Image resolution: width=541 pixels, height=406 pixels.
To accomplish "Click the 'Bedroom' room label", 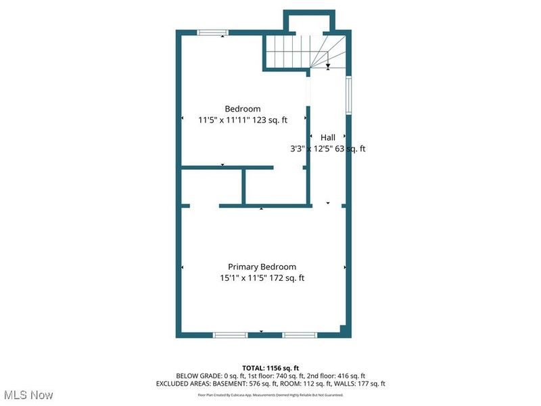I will [x=242, y=109].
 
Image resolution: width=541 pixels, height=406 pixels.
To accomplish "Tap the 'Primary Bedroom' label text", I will [x=262, y=267].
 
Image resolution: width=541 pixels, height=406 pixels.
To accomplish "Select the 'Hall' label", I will [x=327, y=137].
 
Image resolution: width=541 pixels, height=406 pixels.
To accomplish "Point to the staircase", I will [x=306, y=52].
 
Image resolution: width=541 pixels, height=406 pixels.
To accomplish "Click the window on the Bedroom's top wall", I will [x=213, y=31].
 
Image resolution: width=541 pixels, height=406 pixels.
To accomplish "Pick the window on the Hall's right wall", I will [x=349, y=94].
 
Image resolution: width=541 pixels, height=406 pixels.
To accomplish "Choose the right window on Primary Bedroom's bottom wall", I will [x=300, y=335].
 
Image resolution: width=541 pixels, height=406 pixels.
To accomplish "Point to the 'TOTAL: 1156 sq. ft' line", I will [x=270, y=367].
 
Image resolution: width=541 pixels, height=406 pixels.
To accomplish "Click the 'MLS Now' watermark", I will [x=28, y=394].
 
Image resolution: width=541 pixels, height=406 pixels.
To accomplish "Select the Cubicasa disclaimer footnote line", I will [x=270, y=394].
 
